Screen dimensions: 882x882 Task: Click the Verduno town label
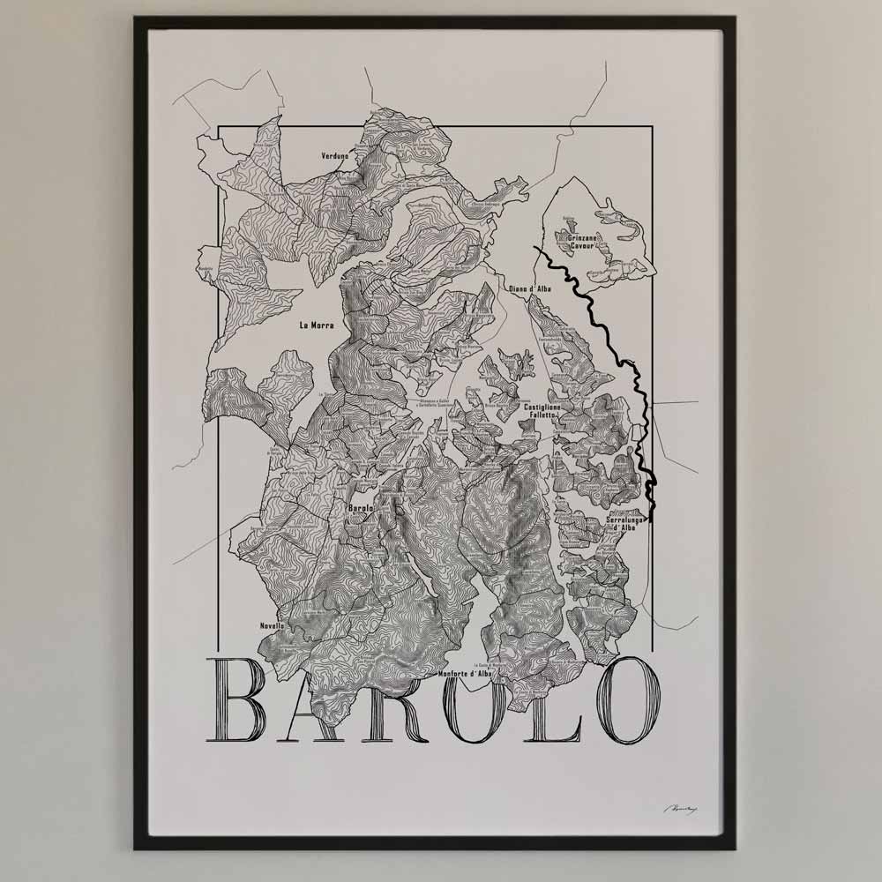click(x=334, y=156)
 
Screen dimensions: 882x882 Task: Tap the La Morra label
click(x=317, y=325)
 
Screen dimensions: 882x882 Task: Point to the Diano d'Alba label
click(x=529, y=288)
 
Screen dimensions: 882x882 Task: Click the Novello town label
click(x=273, y=625)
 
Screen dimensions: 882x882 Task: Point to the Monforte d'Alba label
click(x=465, y=675)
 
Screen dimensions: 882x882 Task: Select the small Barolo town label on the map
click(x=361, y=508)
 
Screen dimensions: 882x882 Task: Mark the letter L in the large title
click(x=556, y=701)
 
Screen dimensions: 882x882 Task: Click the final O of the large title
click(x=624, y=701)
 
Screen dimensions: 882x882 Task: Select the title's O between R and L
click(x=483, y=701)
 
